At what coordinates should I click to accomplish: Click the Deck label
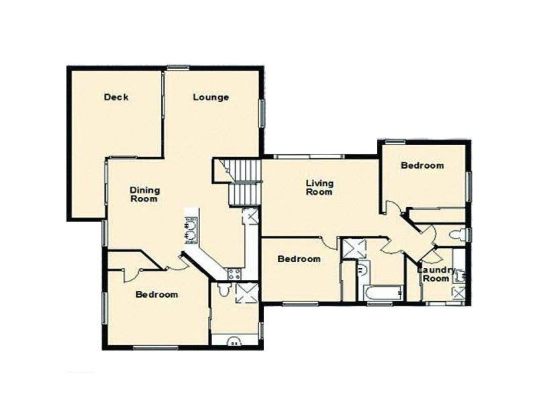pos(116,97)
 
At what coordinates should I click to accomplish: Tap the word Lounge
pos(211,97)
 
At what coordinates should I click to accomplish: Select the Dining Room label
pos(144,194)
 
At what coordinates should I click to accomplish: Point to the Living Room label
pos(320,187)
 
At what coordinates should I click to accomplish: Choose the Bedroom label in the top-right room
pos(422,165)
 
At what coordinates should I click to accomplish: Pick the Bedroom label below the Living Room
pos(299,259)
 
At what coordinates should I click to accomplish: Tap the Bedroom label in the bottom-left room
pos(157,294)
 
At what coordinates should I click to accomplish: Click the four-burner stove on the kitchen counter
pos(234,273)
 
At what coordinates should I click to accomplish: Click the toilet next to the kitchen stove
pos(224,289)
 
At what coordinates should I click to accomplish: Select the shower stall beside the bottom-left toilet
pos(246,293)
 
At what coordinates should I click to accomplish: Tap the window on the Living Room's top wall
pos(309,157)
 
